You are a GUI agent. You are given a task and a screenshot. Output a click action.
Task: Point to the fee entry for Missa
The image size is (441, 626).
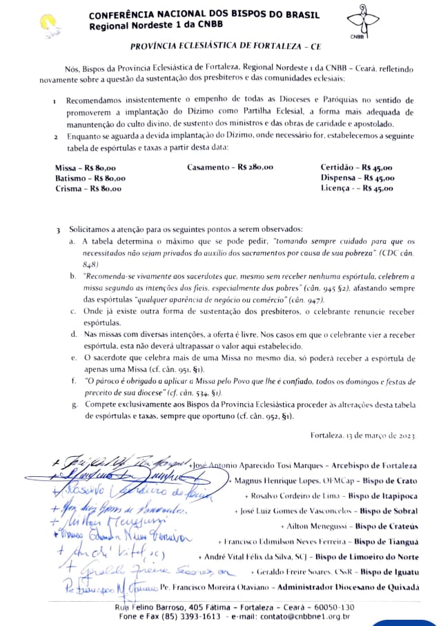pos(85,168)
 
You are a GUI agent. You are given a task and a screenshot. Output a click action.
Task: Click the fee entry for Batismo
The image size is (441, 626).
pos(90,178)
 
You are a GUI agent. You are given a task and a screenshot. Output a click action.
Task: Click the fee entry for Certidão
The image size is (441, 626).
pos(356,168)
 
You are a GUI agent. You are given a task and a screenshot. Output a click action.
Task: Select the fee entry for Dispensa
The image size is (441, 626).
pos(357,178)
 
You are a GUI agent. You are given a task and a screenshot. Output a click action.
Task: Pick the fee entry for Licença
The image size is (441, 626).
pos(356,188)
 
